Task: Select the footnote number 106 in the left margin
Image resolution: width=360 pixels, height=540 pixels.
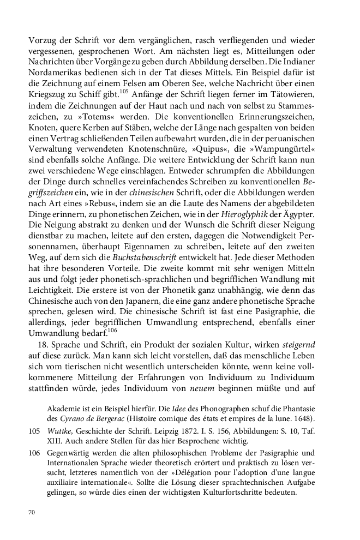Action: coord(34,453)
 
